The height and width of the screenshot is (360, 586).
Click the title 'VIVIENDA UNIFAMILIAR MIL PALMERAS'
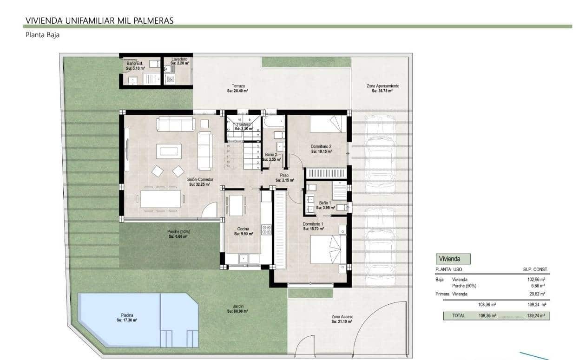(x=99, y=20)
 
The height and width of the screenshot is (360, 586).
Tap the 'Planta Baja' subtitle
(x=42, y=35)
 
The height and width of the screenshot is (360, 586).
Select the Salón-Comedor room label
(x=198, y=182)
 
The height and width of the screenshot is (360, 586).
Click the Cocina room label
(x=243, y=231)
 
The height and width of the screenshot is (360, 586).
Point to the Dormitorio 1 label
(x=313, y=226)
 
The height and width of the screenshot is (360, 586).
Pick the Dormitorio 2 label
(x=321, y=149)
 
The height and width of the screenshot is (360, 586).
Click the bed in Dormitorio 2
(x=328, y=124)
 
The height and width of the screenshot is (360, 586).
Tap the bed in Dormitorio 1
(x=328, y=249)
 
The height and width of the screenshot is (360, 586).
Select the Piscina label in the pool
(x=127, y=318)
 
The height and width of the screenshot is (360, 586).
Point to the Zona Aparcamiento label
(x=382, y=88)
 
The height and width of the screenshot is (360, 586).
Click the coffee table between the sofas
(x=169, y=151)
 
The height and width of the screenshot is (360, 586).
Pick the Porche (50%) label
(x=178, y=234)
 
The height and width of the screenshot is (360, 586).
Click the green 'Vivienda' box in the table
(x=454, y=259)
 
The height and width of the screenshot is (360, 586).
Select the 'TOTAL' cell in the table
(x=458, y=316)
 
